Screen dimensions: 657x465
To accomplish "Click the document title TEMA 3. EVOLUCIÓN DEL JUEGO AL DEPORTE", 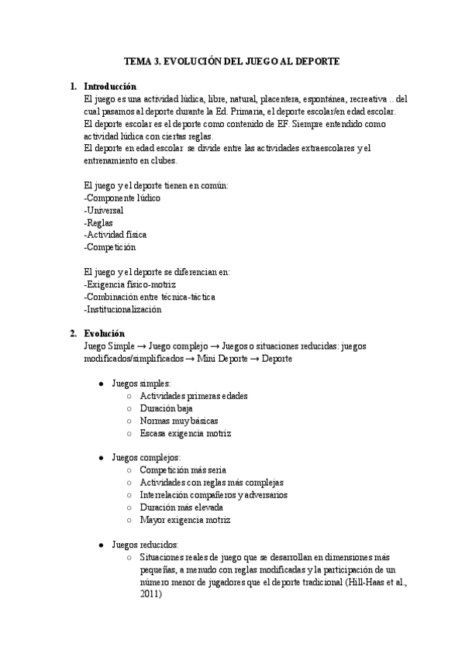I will pos(232,60).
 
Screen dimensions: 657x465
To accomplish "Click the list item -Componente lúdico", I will pos(122,198).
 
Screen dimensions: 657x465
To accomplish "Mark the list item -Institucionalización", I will pos(122,309).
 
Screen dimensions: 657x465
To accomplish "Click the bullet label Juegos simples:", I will pos(141,384).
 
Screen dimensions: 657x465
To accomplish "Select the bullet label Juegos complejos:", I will pos(146,458).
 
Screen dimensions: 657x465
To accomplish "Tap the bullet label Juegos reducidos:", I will pos(145,545).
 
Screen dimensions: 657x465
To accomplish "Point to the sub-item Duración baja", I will pos(167,408).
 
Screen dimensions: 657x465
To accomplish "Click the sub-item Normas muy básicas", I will pos(178,421).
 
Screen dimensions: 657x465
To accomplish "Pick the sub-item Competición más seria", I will pos(183,470).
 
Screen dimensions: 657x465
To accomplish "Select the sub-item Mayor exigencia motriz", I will pos(185,520).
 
